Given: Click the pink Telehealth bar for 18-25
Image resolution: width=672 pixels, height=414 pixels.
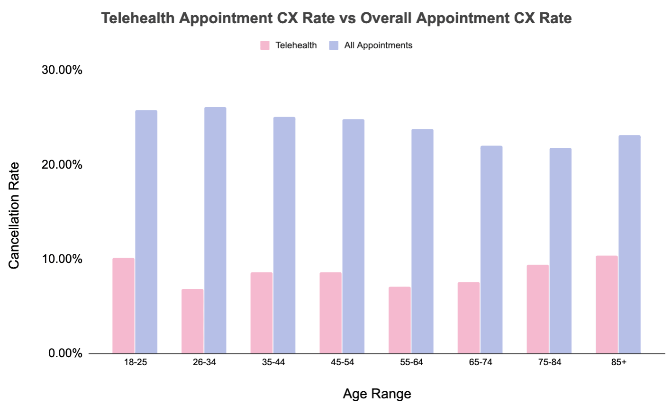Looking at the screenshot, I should (123, 306).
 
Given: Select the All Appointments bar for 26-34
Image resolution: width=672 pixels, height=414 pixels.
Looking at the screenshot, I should (215, 230).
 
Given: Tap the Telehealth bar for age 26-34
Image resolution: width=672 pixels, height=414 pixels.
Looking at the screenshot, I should (192, 321).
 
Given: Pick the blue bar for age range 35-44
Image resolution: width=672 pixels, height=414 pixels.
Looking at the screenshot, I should (284, 235).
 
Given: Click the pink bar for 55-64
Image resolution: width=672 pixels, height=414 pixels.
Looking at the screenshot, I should (400, 320).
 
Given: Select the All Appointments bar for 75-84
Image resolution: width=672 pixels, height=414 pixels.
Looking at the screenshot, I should (561, 251).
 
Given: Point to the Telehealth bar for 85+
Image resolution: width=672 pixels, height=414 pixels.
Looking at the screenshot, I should (607, 305).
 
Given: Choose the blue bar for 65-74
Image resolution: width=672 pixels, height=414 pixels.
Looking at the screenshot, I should (491, 250).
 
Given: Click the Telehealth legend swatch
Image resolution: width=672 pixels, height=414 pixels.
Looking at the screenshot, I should (265, 45).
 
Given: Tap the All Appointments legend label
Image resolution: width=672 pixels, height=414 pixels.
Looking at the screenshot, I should (378, 45).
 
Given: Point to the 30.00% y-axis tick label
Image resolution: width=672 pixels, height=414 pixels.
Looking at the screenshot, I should (62, 70).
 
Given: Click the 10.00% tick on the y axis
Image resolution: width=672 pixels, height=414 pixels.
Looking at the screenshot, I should (62, 259).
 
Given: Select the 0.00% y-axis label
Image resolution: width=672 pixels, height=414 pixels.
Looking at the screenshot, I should (65, 353).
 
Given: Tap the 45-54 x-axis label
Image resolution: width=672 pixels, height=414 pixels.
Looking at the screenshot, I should (342, 362).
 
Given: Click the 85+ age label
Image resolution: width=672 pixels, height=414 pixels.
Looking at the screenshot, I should (618, 362).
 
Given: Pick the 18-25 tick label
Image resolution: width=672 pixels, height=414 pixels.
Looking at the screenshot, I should (136, 362).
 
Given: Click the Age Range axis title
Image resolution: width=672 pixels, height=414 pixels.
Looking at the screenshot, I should (377, 394).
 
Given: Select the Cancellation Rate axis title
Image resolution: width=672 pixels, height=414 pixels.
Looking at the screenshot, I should (14, 216).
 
